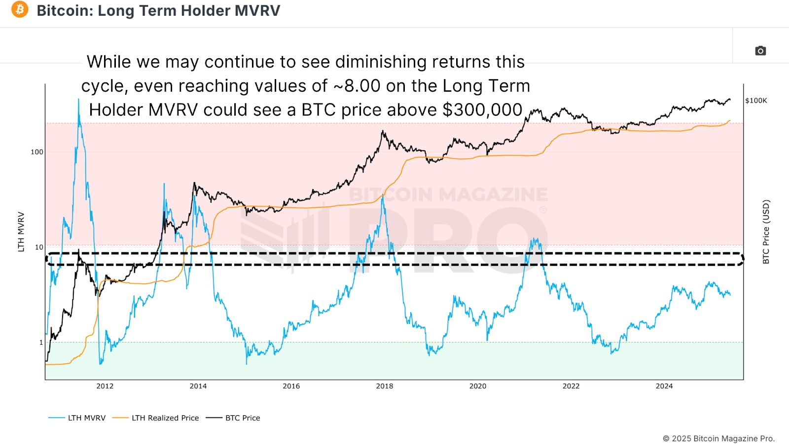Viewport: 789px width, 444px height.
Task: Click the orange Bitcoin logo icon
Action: point(20,9)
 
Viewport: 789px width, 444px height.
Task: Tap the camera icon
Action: point(760,51)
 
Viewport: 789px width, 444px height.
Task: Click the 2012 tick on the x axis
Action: point(105,386)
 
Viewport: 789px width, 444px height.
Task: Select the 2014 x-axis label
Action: point(198,386)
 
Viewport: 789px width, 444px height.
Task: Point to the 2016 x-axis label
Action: point(291,386)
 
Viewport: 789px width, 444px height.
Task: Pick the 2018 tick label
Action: point(385,386)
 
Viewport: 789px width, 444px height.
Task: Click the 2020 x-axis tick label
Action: point(477,386)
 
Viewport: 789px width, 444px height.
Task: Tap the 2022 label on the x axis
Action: point(571,386)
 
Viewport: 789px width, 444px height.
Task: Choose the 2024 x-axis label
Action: point(664,386)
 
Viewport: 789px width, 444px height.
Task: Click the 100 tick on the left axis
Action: point(37,152)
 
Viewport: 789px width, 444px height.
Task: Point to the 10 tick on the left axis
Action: point(39,247)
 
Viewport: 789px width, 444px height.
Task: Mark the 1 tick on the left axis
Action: point(41,342)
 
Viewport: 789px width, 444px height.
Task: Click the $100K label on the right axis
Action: point(756,101)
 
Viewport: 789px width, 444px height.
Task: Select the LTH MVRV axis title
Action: point(21,232)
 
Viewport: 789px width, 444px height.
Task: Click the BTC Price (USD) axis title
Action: point(766,232)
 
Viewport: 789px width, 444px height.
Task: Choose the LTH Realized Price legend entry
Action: point(165,418)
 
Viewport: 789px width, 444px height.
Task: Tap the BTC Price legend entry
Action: point(242,418)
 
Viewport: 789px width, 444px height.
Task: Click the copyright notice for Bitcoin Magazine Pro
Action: point(718,439)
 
